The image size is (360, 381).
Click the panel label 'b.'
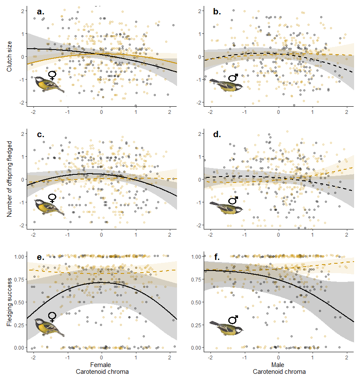pos(217,12)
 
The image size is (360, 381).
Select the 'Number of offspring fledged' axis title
pos(9,179)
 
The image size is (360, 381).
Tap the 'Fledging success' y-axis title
pos(9,301)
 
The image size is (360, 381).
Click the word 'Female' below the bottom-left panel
pos(101,364)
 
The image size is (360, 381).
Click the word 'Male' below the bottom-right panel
pos(278,364)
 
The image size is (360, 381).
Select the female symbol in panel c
pos(52,199)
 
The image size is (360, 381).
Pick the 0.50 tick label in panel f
pos(196,302)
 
